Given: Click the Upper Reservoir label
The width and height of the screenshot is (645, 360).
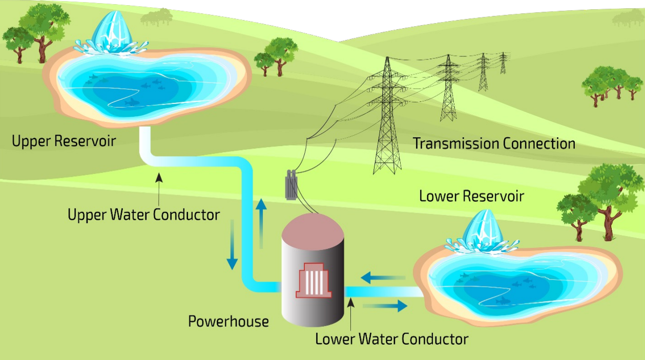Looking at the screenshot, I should tap(64, 141).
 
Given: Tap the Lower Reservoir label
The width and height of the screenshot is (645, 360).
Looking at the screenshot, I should tap(471, 196).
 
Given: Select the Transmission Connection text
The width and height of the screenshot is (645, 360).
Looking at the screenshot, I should tap(494, 143).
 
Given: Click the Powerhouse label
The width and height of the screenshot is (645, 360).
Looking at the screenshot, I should tap(228, 321).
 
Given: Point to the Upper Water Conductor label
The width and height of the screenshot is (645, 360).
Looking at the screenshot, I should tap(143, 214).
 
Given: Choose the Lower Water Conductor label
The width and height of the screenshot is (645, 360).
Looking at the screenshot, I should tap(391, 338).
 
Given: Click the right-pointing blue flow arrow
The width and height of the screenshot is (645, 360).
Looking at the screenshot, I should tap(385, 306).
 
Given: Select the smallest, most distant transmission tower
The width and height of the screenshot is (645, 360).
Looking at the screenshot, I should tap(503, 62).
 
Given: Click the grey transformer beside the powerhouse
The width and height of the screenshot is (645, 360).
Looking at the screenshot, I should tap(293, 184).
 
